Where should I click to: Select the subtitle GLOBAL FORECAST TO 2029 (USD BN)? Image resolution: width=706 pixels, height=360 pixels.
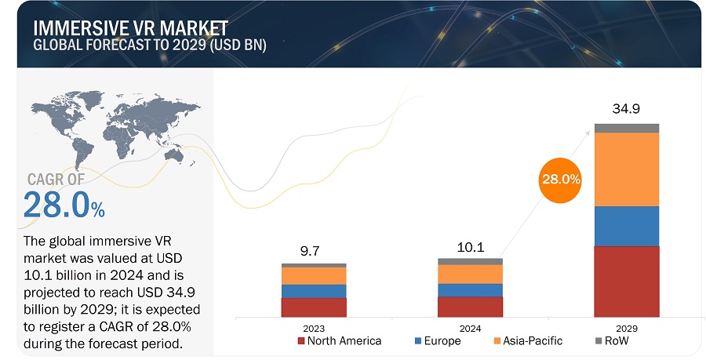(149, 45)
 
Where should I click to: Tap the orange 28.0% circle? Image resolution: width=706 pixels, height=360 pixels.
(560, 179)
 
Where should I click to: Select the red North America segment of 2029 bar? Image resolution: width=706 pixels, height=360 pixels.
(626, 281)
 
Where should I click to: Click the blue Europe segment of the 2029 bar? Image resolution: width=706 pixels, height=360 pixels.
(626, 226)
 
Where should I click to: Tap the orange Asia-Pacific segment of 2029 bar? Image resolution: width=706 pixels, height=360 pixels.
(626, 169)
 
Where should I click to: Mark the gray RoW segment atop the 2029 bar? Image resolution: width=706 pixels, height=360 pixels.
(626, 128)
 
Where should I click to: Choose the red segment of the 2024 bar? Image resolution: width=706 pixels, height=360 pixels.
(470, 307)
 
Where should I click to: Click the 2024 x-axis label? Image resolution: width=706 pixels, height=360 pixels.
(470, 329)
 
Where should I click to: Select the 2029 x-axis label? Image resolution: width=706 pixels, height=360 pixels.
(626, 329)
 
